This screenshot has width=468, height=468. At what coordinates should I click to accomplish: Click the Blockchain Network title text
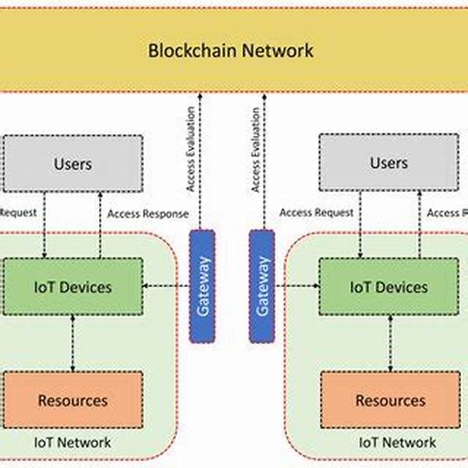click(x=231, y=51)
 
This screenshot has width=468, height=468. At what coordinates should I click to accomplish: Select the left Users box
click(x=73, y=164)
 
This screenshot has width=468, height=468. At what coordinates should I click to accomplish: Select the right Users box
click(x=388, y=164)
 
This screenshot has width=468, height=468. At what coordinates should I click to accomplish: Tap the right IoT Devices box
click(x=388, y=287)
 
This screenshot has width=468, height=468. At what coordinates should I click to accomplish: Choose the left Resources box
click(x=73, y=400)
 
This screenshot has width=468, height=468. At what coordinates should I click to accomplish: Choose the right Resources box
click(x=390, y=400)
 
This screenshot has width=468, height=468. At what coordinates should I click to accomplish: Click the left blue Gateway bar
click(x=202, y=285)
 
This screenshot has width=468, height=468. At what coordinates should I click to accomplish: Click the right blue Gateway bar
click(x=261, y=285)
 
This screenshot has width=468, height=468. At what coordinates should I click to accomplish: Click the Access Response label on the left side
click(x=147, y=213)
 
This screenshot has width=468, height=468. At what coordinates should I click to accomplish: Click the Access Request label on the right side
click(x=316, y=212)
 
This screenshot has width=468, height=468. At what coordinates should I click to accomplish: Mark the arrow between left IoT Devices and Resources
click(x=73, y=343)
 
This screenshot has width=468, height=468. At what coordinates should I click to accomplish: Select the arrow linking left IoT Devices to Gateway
click(x=165, y=286)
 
